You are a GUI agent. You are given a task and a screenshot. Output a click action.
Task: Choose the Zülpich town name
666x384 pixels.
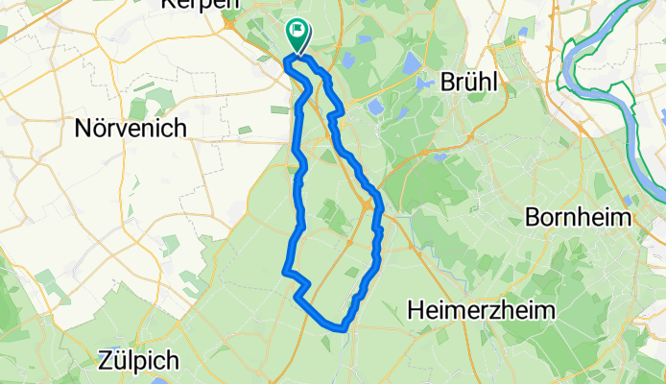point(139,361)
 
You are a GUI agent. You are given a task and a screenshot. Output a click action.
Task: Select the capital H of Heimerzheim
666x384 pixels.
point(415,309)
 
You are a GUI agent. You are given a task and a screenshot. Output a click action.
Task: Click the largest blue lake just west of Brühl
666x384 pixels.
point(412,64)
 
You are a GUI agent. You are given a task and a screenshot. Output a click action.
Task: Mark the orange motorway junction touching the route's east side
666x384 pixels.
point(369,204)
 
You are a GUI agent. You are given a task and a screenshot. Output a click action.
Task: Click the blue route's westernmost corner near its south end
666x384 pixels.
point(284,272)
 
